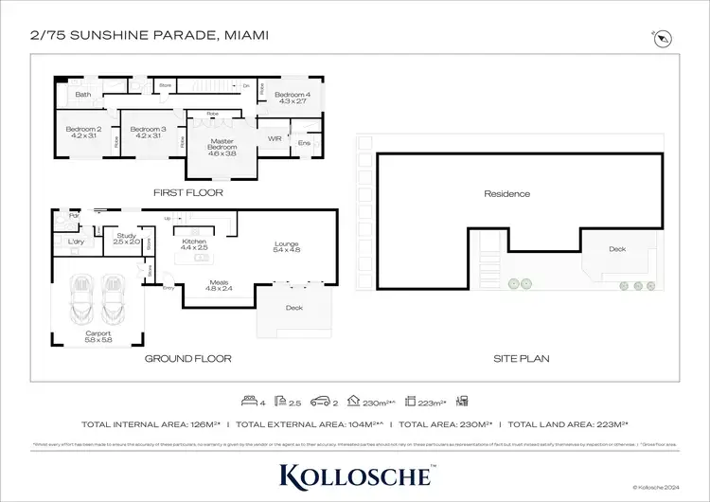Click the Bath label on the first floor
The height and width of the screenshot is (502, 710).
click(83, 95)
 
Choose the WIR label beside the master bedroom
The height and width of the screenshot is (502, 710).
click(275, 138)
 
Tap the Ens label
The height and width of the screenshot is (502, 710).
click(303, 143)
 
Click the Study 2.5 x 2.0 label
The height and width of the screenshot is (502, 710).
click(128, 239)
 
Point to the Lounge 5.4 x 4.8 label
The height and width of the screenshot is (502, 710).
click(286, 246)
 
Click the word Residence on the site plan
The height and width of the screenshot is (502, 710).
click(506, 194)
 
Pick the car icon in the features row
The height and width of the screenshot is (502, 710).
click(322, 402)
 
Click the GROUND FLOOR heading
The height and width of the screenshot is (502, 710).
click(187, 359)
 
